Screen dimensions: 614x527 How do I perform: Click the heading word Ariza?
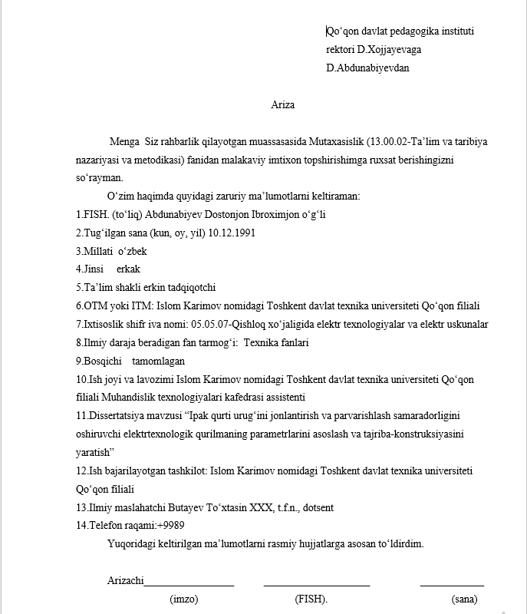coord(283,105)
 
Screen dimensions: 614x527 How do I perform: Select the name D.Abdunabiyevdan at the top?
coord(367,68)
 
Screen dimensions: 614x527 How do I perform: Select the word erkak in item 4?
coord(128,269)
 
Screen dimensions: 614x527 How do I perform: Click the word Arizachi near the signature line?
coord(125,581)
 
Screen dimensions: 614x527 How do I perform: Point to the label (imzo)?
coord(184,599)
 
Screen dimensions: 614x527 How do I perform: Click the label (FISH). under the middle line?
coord(311,599)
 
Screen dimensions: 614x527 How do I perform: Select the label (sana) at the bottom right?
coord(464,599)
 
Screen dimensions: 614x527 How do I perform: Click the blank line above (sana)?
coord(452,586)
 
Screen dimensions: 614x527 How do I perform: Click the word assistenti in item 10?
coord(282,397)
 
